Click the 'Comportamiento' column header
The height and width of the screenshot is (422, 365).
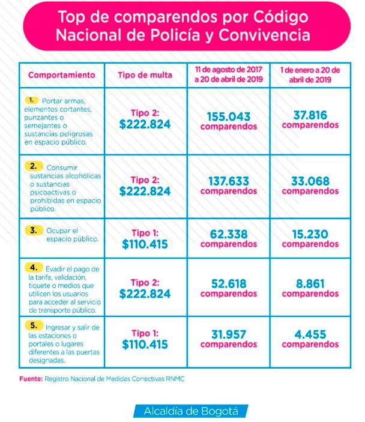tap(61, 75)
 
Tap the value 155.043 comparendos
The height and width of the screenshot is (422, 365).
tap(228, 120)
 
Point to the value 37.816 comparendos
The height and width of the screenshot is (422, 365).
tap(310, 119)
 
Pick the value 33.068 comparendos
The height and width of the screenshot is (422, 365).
tap(310, 185)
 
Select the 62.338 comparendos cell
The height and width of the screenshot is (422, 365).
tap(228, 238)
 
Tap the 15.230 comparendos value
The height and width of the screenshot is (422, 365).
tap(310, 238)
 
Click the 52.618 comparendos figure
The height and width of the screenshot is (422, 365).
tap(228, 288)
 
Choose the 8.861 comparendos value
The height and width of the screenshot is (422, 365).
tap(310, 288)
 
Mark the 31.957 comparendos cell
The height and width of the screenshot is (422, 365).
tap(228, 339)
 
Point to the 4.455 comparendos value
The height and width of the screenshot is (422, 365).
tap(310, 339)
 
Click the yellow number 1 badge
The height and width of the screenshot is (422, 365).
tap(32, 98)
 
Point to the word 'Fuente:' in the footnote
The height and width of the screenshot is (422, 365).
tap(30, 379)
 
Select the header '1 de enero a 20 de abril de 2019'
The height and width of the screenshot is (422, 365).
tap(310, 75)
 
